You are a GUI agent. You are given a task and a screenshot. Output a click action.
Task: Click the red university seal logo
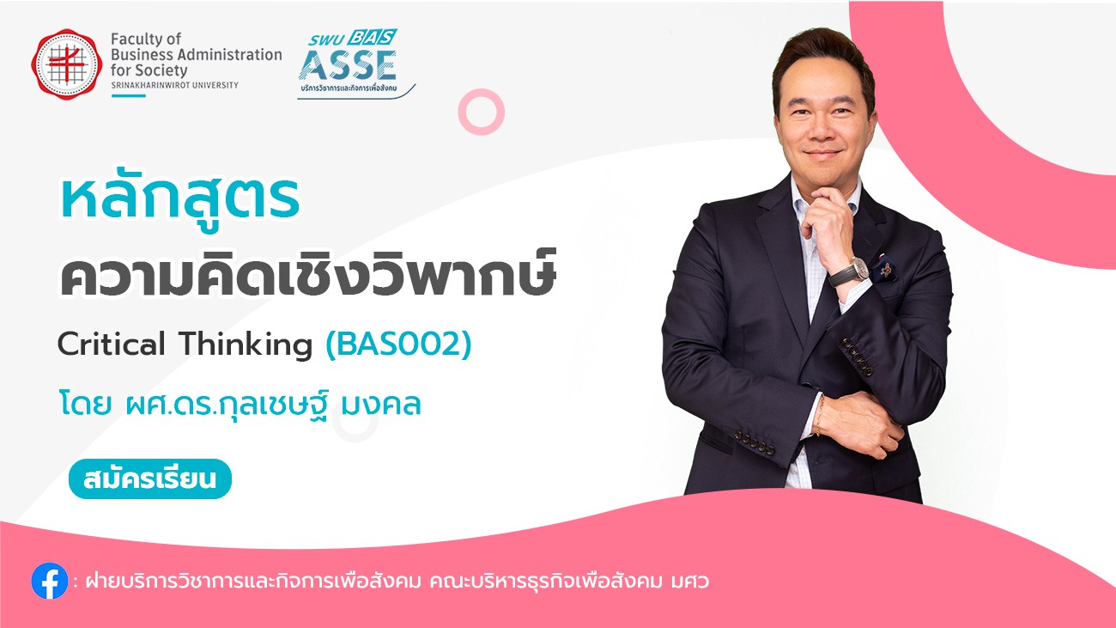(x=67, y=64)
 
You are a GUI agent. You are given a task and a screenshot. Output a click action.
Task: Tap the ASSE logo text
(x=348, y=65)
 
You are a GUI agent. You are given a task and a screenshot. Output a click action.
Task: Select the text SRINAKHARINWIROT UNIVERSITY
(x=175, y=85)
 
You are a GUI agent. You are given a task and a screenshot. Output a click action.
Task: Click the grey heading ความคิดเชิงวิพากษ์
(x=307, y=274)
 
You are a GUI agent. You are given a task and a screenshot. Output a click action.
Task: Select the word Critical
(x=111, y=344)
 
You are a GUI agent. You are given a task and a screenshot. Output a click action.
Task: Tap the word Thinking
(x=246, y=344)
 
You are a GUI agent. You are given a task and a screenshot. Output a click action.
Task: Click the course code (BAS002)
(x=398, y=344)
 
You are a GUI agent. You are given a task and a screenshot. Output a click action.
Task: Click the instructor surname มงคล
(x=381, y=405)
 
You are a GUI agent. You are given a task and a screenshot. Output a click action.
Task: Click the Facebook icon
(x=49, y=581)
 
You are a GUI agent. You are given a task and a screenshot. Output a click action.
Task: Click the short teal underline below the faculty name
(x=129, y=95)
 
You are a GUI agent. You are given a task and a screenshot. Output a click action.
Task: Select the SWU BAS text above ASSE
(x=352, y=38)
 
